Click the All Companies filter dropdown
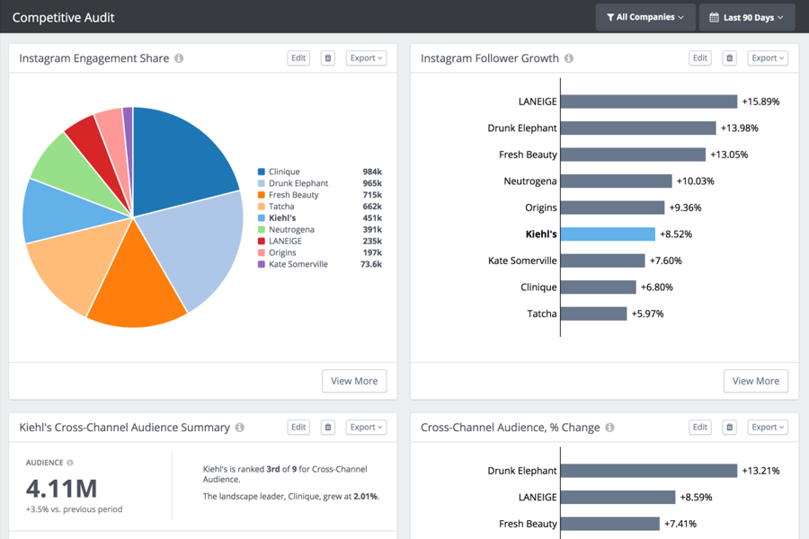click(x=645, y=17)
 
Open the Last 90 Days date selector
click(x=747, y=17)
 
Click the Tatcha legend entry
click(x=281, y=207)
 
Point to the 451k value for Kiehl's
click(x=371, y=218)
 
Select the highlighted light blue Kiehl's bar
click(x=608, y=234)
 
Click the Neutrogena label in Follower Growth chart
click(x=530, y=181)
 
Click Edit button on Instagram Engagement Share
click(x=298, y=58)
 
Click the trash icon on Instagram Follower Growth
click(x=729, y=58)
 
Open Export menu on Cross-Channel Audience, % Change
click(x=768, y=428)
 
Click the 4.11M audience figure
click(x=61, y=488)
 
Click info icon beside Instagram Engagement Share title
click(x=179, y=58)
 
